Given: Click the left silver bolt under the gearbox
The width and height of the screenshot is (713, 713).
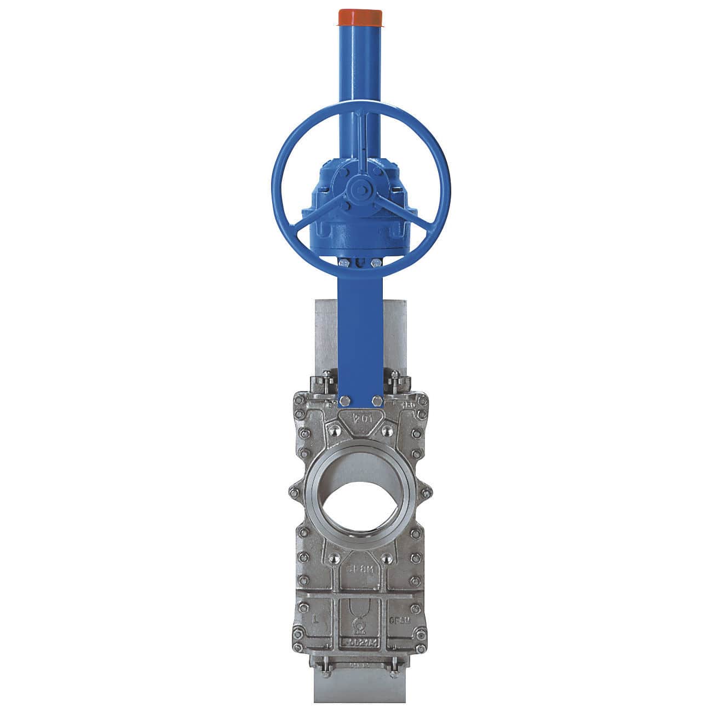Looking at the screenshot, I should point(342,264).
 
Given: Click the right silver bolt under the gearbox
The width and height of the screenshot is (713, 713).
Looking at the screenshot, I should point(376,264).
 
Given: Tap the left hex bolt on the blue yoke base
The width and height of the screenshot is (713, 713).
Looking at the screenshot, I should point(343,401).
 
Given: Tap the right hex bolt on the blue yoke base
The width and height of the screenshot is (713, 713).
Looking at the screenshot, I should point(377,401).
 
